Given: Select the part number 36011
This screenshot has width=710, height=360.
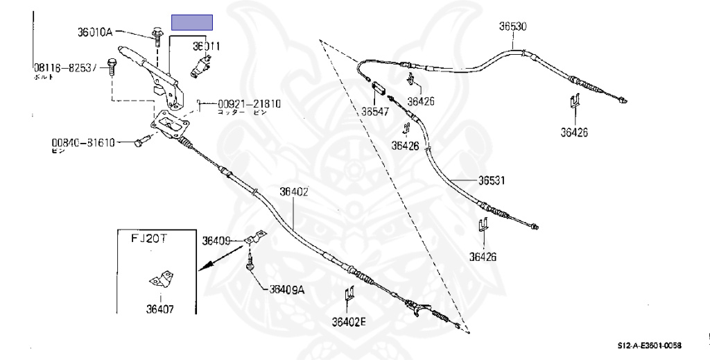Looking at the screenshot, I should coord(207,46).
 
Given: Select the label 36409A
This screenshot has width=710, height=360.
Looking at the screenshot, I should coord(287,290).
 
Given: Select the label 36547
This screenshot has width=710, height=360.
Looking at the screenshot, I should coord(374,110).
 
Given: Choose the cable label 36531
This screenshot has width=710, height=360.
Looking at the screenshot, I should coord(490,180).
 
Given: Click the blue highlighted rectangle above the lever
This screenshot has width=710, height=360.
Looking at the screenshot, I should coord(192,22).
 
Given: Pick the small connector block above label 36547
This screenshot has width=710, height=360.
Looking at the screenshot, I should coord(379,89).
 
